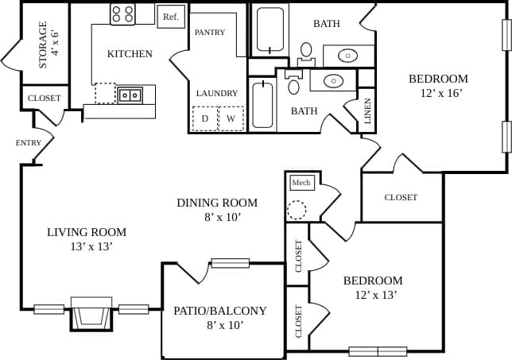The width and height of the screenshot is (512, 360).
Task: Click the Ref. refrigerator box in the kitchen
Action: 170,17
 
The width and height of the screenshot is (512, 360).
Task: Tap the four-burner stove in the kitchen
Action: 122,14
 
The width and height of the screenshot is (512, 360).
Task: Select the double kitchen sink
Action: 130,95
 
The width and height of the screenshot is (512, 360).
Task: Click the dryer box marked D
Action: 204,118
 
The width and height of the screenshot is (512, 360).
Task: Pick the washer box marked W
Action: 231,118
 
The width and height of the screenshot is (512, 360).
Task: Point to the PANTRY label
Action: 210,33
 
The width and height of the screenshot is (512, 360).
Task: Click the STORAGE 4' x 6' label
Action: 44,45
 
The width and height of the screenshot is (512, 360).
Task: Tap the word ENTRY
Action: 28,143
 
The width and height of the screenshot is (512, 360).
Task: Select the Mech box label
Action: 301,183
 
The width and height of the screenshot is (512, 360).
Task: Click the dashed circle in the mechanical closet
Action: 297,210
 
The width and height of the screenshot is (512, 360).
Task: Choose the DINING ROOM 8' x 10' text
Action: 217,209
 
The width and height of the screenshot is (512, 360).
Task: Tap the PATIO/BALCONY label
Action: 219,317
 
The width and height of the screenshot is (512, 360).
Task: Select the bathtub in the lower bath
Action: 262,104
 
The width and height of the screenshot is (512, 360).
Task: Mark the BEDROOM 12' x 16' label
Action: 438,86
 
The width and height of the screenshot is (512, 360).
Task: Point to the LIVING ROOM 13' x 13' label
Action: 87,239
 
